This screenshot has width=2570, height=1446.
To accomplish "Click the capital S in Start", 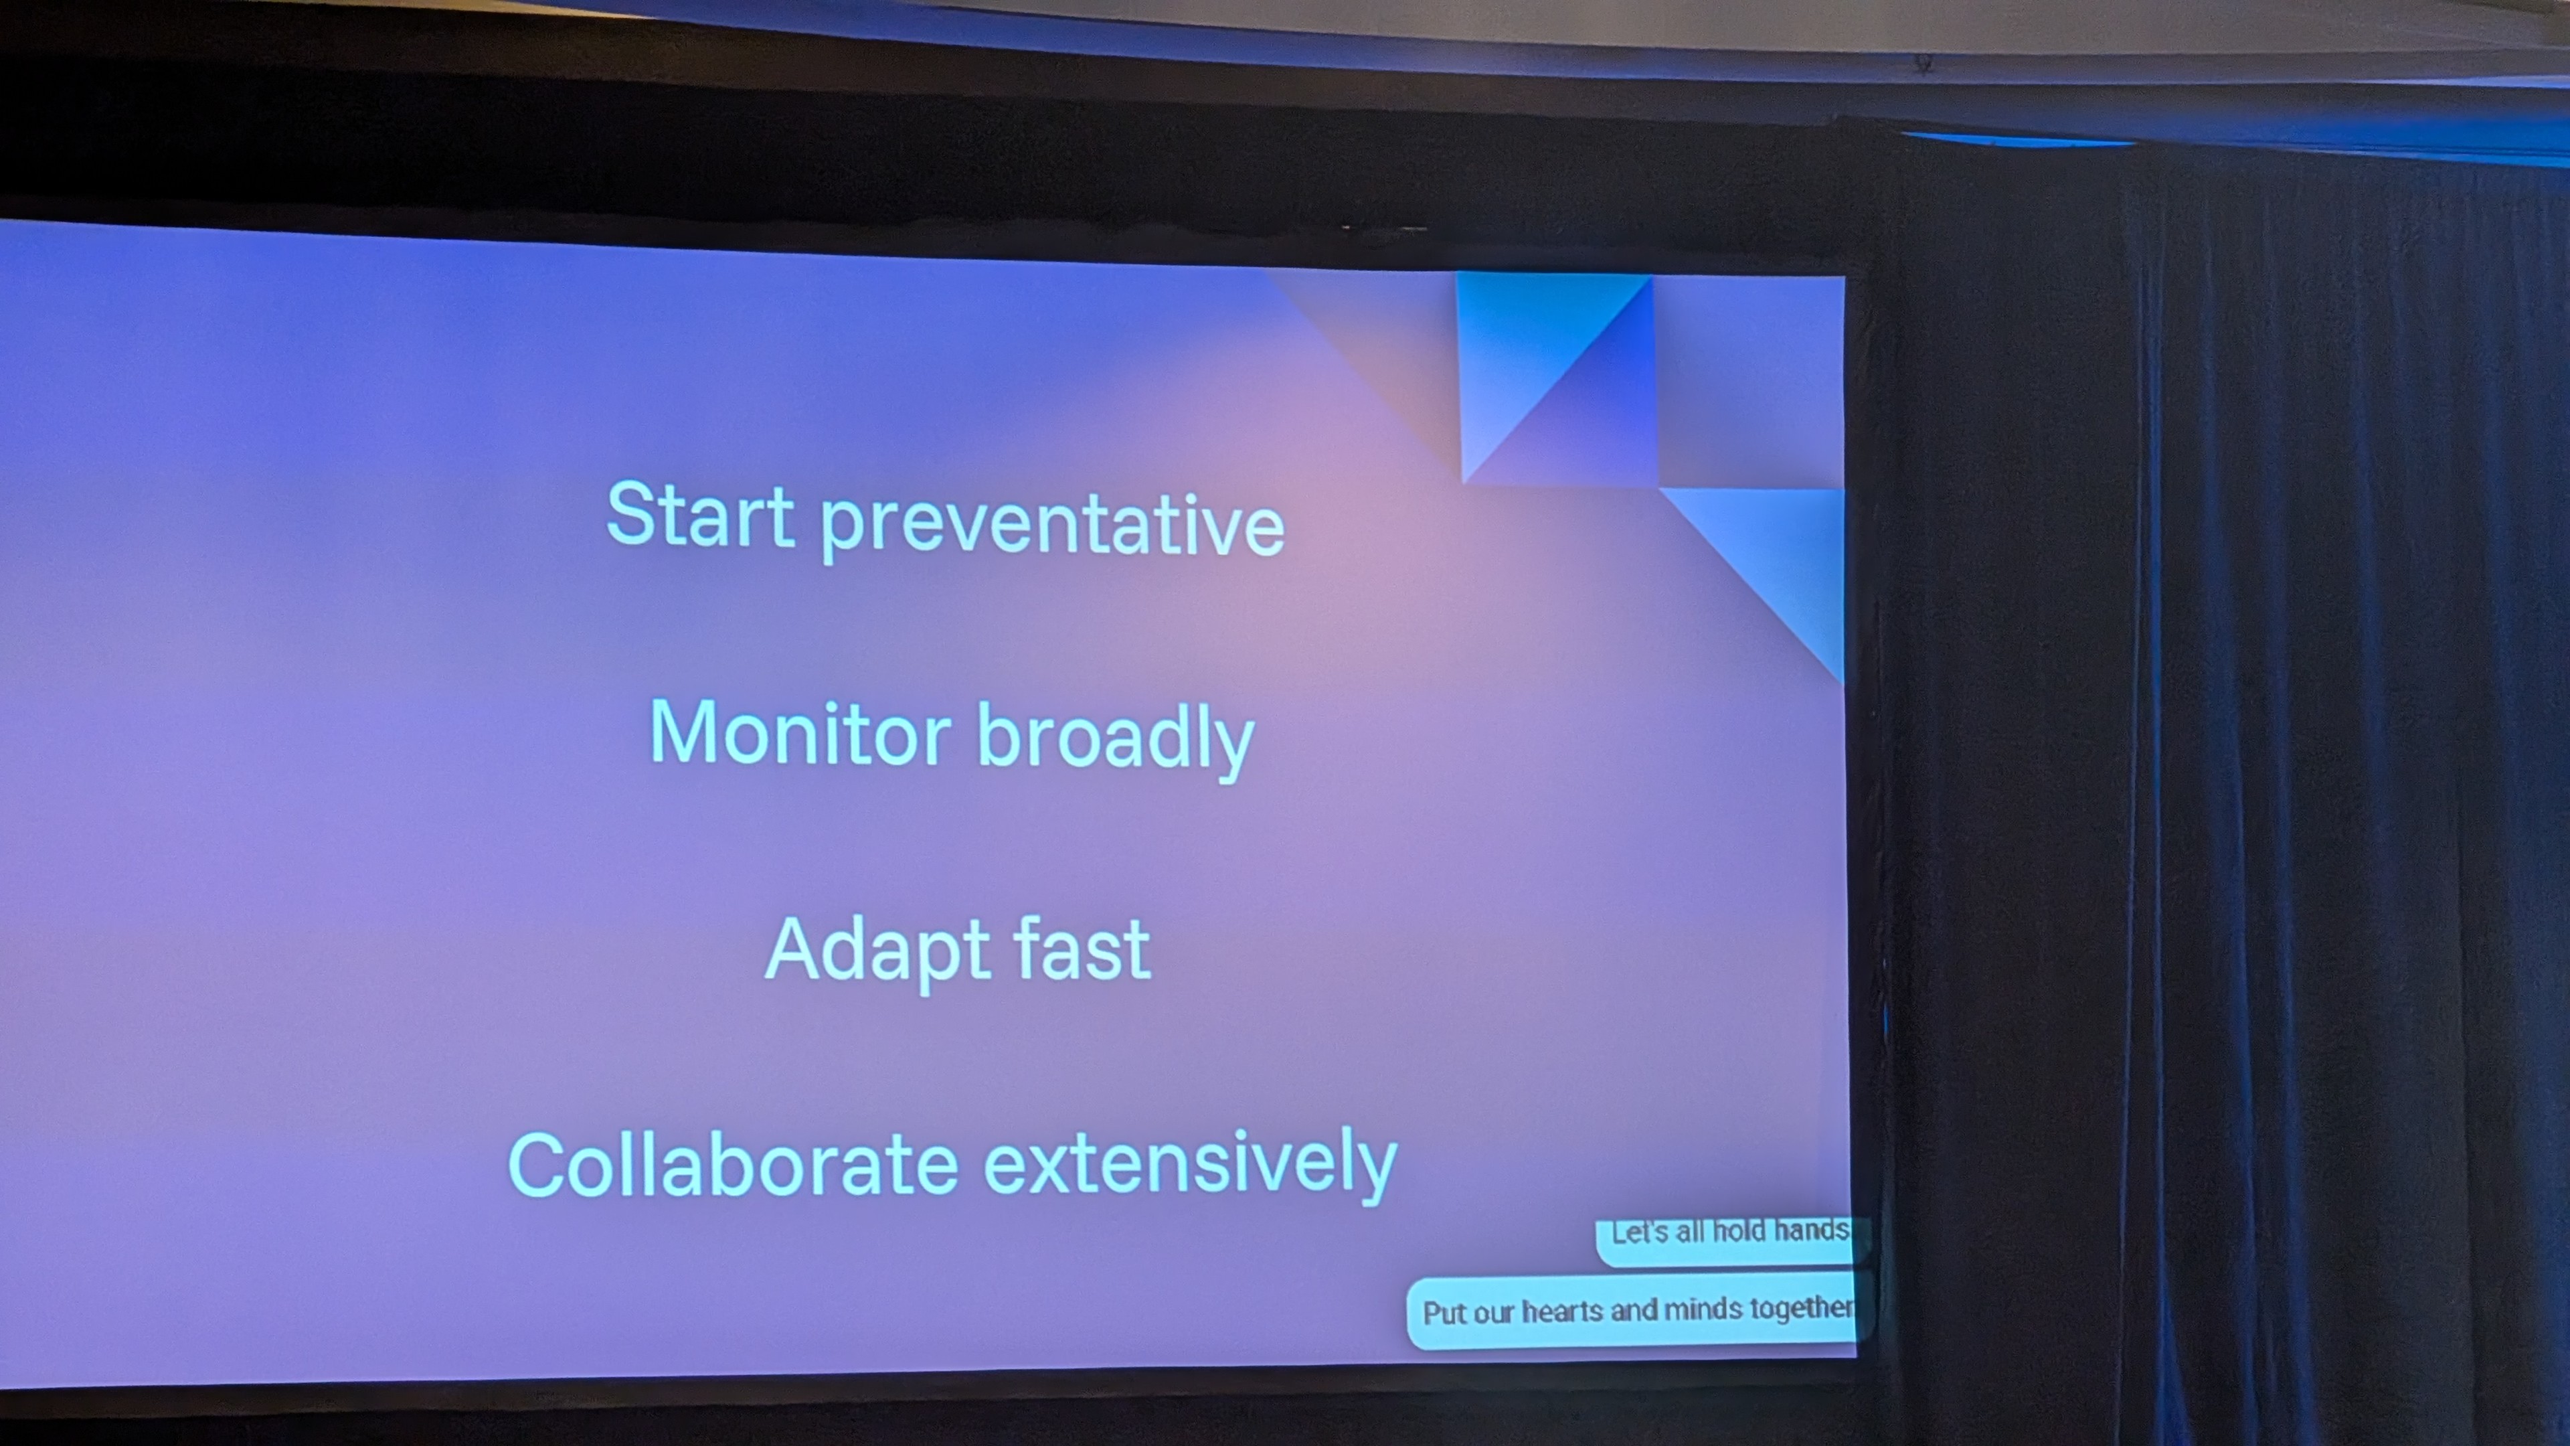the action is coord(632,512).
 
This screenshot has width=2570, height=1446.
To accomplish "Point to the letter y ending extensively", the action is coord(1374,1171).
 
